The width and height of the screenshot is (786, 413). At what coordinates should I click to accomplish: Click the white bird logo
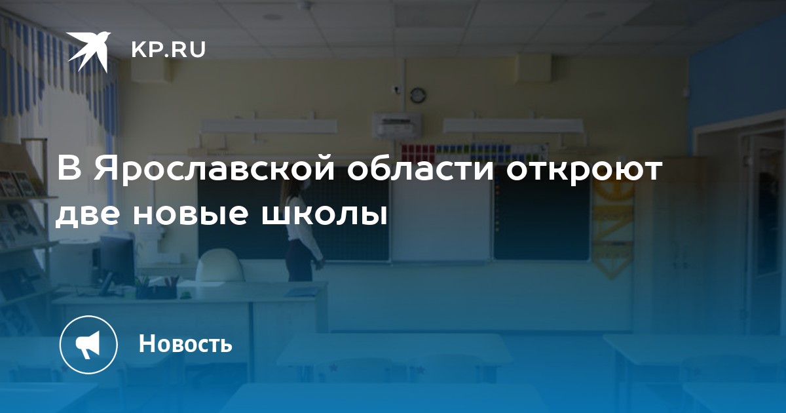(88, 51)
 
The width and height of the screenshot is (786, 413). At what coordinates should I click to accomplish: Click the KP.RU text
(168, 50)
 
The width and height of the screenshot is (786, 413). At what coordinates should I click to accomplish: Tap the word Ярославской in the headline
(214, 169)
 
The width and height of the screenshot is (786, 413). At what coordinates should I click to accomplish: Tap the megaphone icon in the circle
(88, 345)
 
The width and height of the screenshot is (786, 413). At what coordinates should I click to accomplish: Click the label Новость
(185, 344)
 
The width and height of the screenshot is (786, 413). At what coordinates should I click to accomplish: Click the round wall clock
(418, 95)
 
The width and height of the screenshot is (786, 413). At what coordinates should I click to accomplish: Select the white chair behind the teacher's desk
(219, 266)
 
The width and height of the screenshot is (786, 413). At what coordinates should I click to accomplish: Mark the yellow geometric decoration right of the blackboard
(612, 229)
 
